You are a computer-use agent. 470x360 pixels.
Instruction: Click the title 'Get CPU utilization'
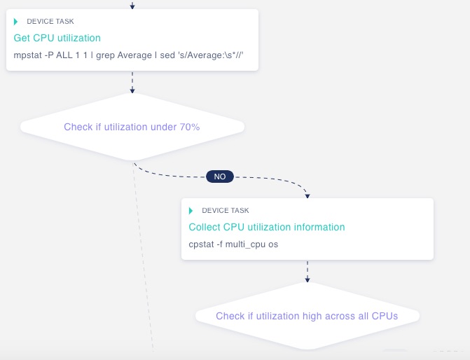coord(57,38)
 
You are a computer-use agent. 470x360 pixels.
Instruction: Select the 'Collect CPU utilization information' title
coord(267,227)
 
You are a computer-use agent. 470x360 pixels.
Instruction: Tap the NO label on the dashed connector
coord(220,176)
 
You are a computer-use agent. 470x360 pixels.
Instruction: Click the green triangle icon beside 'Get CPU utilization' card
coord(16,22)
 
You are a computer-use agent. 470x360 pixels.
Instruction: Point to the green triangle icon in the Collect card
coord(191,210)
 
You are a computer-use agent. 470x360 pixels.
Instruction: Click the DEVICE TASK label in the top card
coord(50,22)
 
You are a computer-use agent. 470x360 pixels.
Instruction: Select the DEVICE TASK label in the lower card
coord(225,210)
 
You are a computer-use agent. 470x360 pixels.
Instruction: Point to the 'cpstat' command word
coord(203,244)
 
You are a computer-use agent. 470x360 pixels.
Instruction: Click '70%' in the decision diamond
coord(189,127)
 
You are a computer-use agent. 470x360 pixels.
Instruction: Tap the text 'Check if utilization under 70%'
coord(132,127)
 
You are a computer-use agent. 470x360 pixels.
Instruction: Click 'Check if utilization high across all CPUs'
coord(307,316)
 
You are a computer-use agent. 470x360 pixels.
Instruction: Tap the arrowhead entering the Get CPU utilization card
coord(132,6)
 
